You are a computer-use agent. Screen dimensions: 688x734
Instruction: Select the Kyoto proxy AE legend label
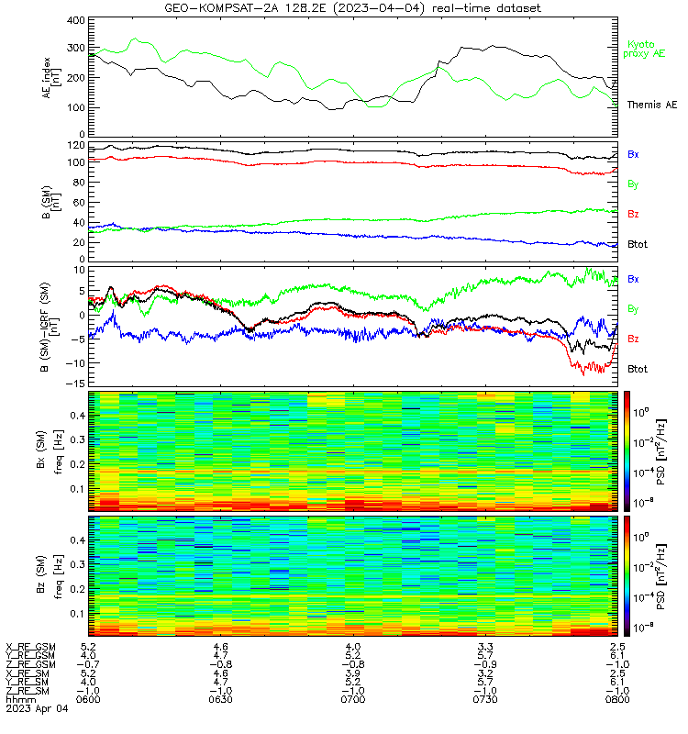pos(644,50)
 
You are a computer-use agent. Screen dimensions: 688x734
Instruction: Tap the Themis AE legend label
pos(652,105)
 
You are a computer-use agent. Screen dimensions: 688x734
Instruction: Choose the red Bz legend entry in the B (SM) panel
pos(633,214)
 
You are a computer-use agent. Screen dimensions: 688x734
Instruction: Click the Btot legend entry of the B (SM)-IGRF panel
pos(638,369)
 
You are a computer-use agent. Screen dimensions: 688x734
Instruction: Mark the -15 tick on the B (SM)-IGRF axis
pos(77,384)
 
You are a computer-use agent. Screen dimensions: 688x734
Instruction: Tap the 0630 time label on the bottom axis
pos(220,699)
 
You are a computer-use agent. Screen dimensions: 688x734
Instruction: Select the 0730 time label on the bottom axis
pos(485,699)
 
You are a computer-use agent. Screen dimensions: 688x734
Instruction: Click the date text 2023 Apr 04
pos(37,708)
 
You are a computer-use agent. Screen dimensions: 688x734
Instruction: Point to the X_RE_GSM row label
pos(30,648)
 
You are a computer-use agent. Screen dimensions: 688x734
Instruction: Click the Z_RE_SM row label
pos(28,691)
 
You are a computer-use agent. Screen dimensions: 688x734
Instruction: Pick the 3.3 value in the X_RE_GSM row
pos(485,647)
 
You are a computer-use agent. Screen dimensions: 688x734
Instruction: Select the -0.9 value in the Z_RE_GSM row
pos(485,664)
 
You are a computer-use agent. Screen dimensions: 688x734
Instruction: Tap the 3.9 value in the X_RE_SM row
pos(353,673)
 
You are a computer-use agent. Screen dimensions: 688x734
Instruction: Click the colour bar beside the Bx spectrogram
pos(627,451)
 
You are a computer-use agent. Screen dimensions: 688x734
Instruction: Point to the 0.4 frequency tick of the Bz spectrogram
pos(78,540)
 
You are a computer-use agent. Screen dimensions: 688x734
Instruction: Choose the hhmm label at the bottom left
pos(20,699)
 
